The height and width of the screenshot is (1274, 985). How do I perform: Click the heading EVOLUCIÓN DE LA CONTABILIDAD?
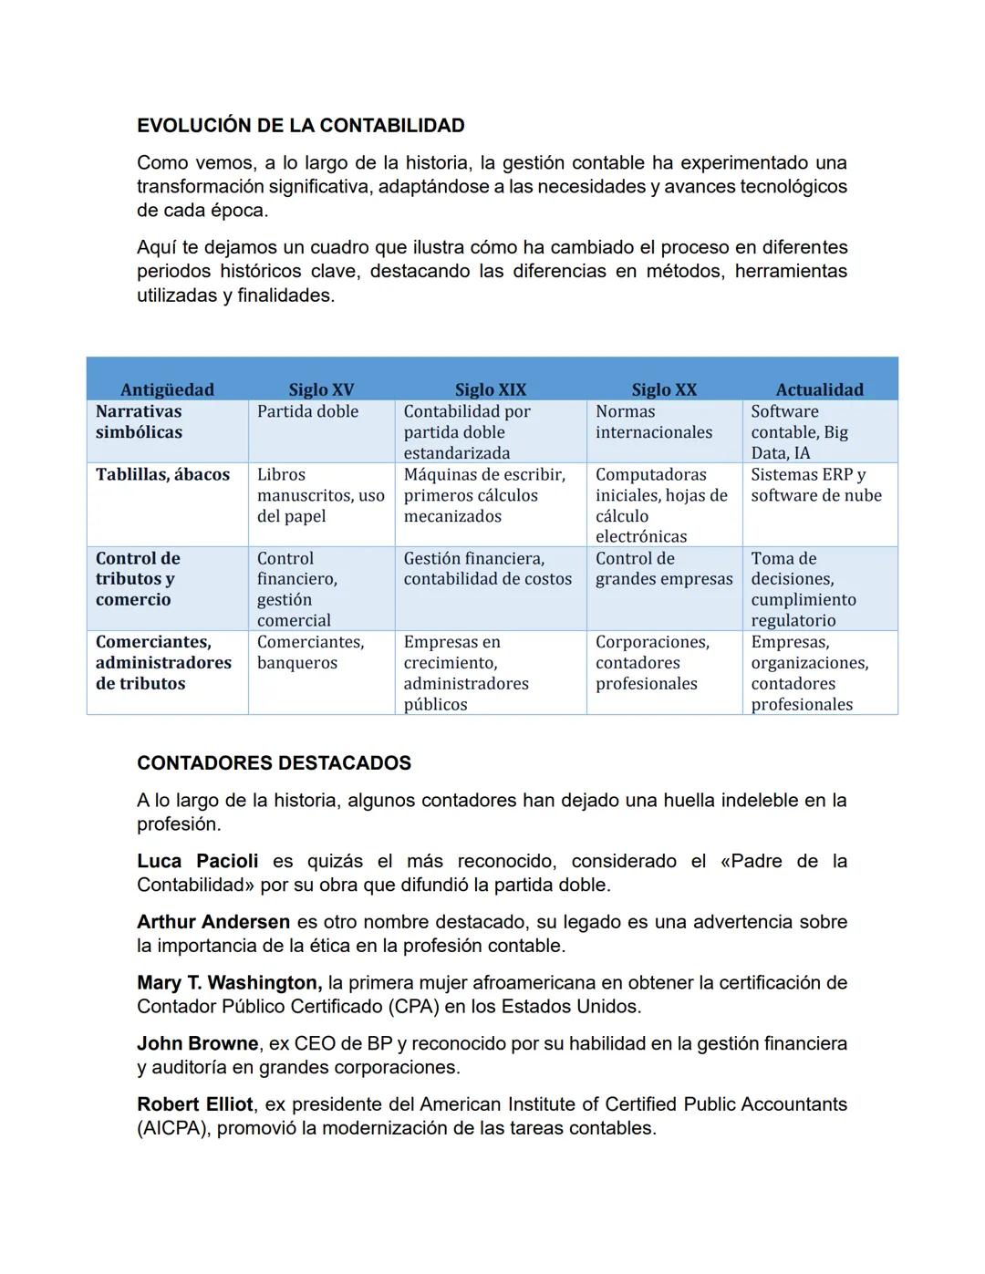pos(300,126)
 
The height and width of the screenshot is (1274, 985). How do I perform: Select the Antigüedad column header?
pos(167,389)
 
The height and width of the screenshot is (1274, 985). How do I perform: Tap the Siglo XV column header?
pos(321,389)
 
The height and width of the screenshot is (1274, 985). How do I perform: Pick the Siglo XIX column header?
pos(491,389)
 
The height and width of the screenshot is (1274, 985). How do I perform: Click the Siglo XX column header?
pos(664,389)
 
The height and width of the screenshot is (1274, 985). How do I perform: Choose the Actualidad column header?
pos(819,389)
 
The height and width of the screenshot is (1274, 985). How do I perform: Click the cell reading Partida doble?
pos(307,411)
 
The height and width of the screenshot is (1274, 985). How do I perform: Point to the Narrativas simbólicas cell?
pos(139,422)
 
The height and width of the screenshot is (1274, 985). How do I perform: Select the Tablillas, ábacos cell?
pos(162,474)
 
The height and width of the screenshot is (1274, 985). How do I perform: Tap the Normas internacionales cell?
pos(653,422)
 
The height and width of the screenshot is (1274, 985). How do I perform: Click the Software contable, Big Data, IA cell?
pos(799,432)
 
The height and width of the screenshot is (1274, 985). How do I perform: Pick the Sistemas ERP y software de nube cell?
pos(815,485)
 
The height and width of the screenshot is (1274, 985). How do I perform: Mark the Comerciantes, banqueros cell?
pos(310,652)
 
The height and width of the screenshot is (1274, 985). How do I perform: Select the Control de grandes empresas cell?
pos(663,568)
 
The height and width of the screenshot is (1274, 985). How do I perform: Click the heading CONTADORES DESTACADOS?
pos(274,763)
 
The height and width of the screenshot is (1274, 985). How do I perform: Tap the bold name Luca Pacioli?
pos(197,861)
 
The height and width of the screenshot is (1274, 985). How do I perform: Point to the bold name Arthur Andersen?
pos(213,922)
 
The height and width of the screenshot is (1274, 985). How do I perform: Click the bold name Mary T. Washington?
pos(229,983)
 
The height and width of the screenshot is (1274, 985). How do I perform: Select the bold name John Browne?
pos(197,1043)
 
